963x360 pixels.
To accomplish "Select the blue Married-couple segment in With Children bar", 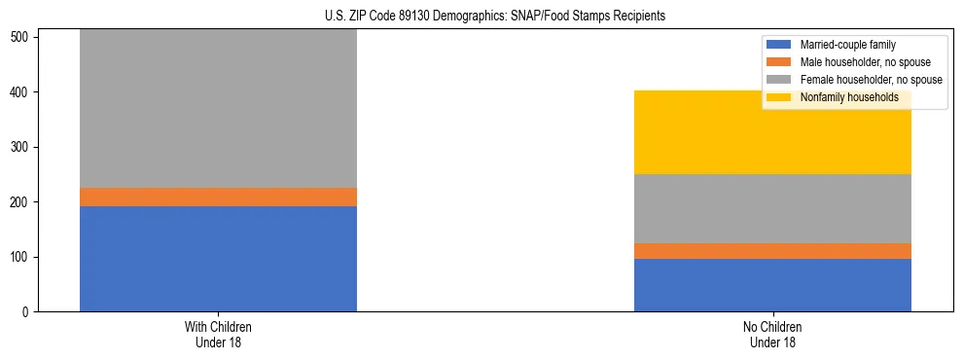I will [218, 259].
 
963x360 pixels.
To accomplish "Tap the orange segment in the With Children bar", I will [218, 197].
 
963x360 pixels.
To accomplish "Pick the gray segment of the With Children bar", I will [218, 108].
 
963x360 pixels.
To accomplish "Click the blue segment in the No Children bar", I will [772, 285].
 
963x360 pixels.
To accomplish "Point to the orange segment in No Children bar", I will [772, 251].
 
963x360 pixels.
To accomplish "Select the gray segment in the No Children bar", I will [772, 208].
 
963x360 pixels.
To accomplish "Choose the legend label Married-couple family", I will [847, 45].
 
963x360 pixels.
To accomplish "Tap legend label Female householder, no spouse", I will [871, 80].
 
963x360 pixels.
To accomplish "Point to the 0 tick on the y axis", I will [27, 312].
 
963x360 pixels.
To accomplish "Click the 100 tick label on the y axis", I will [21, 257].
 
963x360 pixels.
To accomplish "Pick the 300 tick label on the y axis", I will [21, 148].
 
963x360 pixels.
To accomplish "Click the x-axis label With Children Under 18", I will [218, 334].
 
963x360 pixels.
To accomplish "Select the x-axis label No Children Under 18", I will [772, 334].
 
